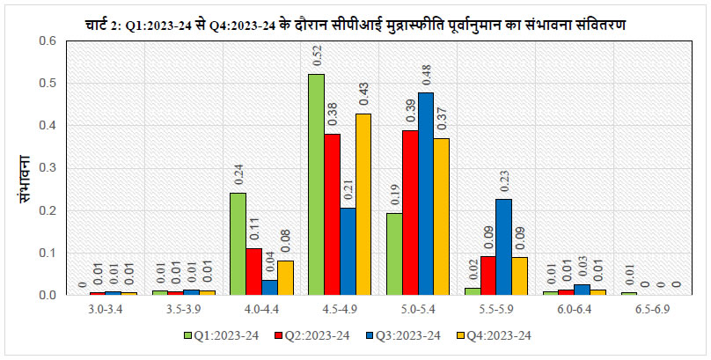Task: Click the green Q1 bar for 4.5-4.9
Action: pos(316,185)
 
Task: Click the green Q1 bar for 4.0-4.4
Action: pos(238,244)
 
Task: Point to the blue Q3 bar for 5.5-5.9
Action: pos(503,247)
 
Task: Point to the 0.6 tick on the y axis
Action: pos(48,41)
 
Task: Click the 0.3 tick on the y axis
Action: pos(48,168)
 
